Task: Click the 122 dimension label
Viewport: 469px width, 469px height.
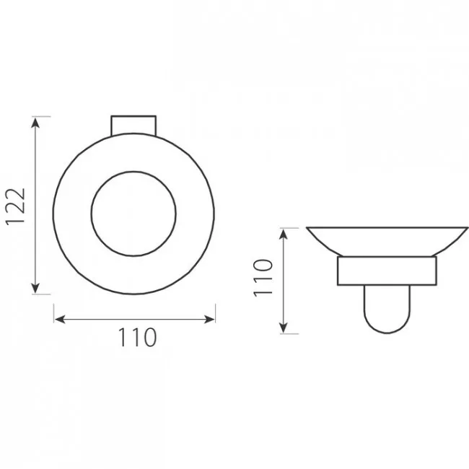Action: pyautogui.click(x=15, y=206)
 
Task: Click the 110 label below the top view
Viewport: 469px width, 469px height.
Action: pyautogui.click(x=137, y=337)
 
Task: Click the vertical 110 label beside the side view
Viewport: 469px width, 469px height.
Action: pyautogui.click(x=263, y=279)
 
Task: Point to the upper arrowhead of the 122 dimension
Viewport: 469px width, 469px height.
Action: pyautogui.click(x=35, y=123)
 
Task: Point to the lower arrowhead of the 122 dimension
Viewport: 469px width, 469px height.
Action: pyautogui.click(x=35, y=288)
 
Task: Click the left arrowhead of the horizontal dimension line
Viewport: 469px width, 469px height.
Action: pyautogui.click(x=60, y=319)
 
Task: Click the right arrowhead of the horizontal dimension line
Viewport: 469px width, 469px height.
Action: pyautogui.click(x=209, y=319)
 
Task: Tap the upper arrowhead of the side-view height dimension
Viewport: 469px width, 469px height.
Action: pyautogui.click(x=284, y=234)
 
